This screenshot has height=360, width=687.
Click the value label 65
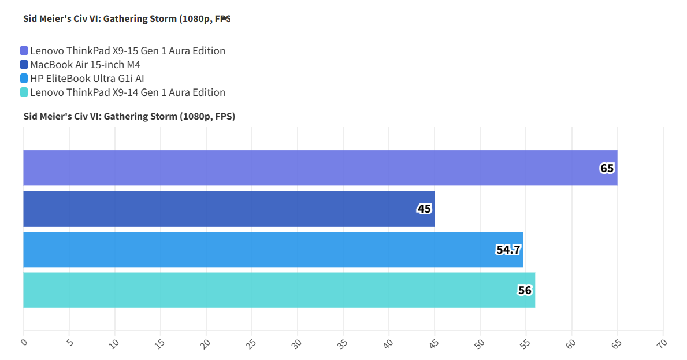607,169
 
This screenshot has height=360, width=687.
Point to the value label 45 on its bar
424,209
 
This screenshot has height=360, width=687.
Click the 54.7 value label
508,250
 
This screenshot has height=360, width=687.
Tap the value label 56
525,291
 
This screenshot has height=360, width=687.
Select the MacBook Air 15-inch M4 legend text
85,65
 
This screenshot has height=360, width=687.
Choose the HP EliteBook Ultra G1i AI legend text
87,79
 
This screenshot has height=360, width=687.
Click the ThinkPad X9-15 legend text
128,51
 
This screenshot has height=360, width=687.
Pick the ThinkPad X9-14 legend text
128,92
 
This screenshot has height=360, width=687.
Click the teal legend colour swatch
24,92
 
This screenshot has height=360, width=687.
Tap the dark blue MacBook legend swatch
24,65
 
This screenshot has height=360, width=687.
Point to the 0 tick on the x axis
24,342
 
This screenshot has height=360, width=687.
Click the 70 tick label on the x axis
662,343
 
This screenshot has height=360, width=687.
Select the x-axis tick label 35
343,343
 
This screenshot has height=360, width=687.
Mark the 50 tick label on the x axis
480,343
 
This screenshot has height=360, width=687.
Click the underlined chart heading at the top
127,18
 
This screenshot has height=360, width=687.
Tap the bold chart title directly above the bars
129,117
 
